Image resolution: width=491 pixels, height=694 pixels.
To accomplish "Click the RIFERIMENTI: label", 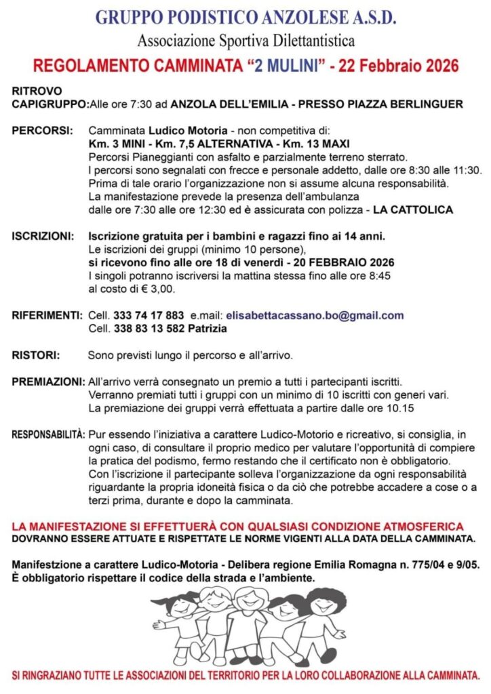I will tap(45, 315).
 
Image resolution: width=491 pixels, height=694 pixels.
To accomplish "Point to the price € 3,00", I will tap(155, 289).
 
